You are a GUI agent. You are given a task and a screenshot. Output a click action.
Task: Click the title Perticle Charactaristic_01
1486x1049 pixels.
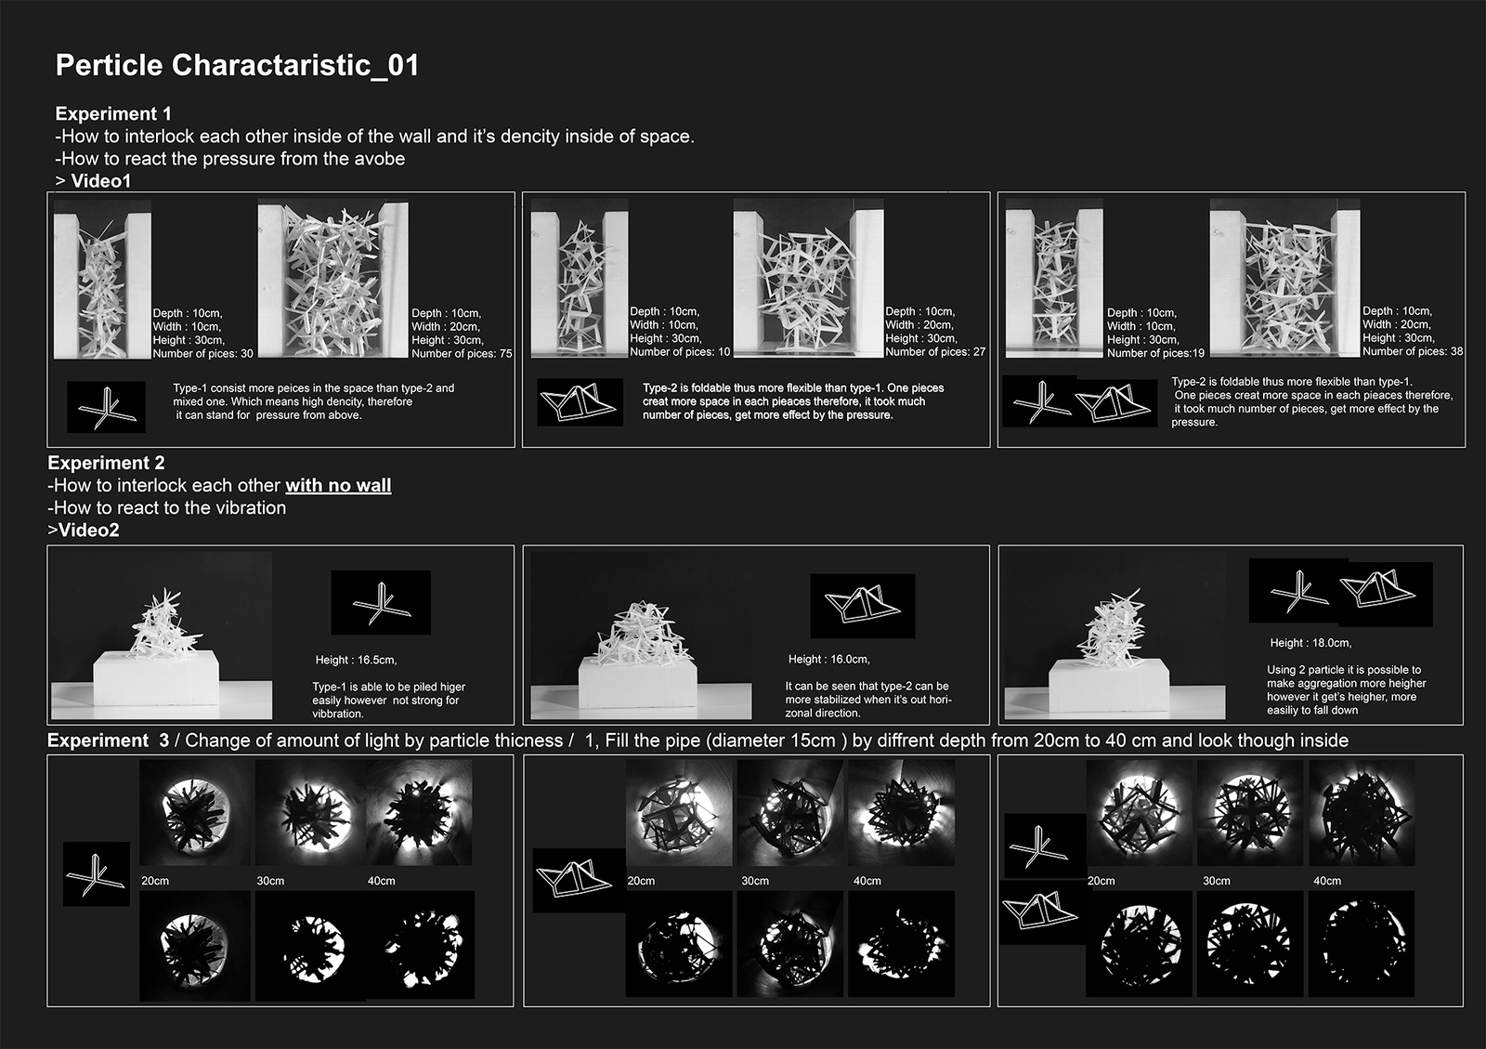237,66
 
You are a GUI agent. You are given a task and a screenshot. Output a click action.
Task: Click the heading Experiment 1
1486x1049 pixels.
112,113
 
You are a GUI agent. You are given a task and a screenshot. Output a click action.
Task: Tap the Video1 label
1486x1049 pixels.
101,180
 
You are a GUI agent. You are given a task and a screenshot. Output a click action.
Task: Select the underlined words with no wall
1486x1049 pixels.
338,486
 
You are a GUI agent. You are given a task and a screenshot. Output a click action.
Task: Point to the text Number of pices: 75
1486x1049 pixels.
462,354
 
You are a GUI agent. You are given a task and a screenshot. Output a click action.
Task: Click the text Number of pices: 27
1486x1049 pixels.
935,351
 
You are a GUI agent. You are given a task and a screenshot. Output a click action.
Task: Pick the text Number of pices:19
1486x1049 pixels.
1155,353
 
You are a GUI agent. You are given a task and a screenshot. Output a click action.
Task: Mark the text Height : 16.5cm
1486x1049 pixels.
357,661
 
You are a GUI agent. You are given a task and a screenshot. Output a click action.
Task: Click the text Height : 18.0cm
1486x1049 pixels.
1310,643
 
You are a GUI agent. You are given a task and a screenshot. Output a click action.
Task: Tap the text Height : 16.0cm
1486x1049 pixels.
829,660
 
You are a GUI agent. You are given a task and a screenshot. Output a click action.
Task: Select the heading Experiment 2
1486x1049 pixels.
106,463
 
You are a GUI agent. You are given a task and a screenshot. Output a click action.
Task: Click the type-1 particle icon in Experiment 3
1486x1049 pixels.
97,874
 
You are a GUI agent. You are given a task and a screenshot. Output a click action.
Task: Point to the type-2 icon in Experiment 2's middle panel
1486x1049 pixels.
863,606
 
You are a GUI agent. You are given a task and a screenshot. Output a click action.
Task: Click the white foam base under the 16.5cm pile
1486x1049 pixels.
156,678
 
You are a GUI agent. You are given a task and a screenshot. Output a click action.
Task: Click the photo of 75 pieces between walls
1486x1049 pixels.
333,279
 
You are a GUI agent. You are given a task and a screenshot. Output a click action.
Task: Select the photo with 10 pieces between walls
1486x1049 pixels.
580,279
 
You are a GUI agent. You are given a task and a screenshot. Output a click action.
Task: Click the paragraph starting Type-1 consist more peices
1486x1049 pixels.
314,402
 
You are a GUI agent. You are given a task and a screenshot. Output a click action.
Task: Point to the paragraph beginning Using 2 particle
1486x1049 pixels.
1346,690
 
